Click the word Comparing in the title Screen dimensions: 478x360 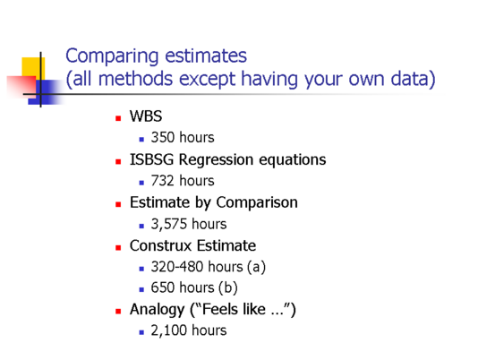(112, 56)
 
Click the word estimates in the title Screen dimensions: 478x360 (206, 56)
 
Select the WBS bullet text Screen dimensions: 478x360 (146, 116)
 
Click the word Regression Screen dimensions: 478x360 (216, 160)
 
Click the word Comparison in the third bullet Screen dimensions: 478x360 (257, 203)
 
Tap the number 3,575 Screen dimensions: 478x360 (168, 224)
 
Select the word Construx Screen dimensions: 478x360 (160, 246)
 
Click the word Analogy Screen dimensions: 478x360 (157, 310)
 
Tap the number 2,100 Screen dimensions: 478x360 (168, 330)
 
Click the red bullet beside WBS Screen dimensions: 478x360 (118, 118)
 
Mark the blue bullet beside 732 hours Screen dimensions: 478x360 (141, 183)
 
